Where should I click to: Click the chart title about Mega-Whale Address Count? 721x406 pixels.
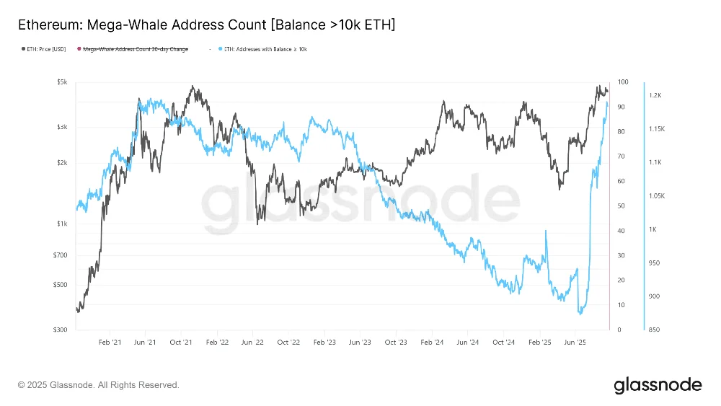pos(206,25)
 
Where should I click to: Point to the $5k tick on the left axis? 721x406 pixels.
pos(62,82)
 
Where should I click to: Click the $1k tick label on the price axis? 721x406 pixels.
pos(62,224)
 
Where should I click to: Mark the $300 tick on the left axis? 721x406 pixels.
pos(61,330)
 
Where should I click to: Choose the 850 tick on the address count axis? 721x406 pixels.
pos(654,330)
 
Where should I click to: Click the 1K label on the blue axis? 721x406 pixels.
pos(653,229)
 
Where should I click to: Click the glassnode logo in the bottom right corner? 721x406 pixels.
pos(658,385)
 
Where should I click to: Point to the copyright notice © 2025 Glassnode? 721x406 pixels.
pos(98,385)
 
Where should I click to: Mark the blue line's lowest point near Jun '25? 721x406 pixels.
pos(580,314)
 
